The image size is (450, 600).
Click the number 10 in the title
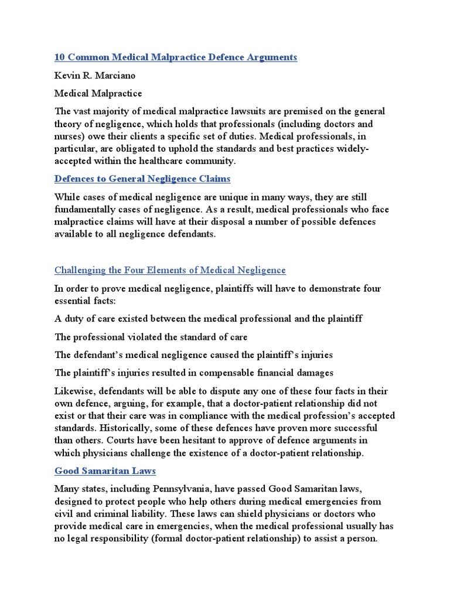tap(60, 57)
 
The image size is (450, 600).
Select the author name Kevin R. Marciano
tap(95, 76)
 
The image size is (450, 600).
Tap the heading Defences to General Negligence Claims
tap(142, 179)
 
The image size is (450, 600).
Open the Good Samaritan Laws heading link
tap(105, 471)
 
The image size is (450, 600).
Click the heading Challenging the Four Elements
tap(170, 270)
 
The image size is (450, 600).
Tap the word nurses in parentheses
tap(70, 137)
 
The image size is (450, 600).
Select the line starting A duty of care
tap(208, 319)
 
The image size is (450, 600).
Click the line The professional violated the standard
tap(151, 337)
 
